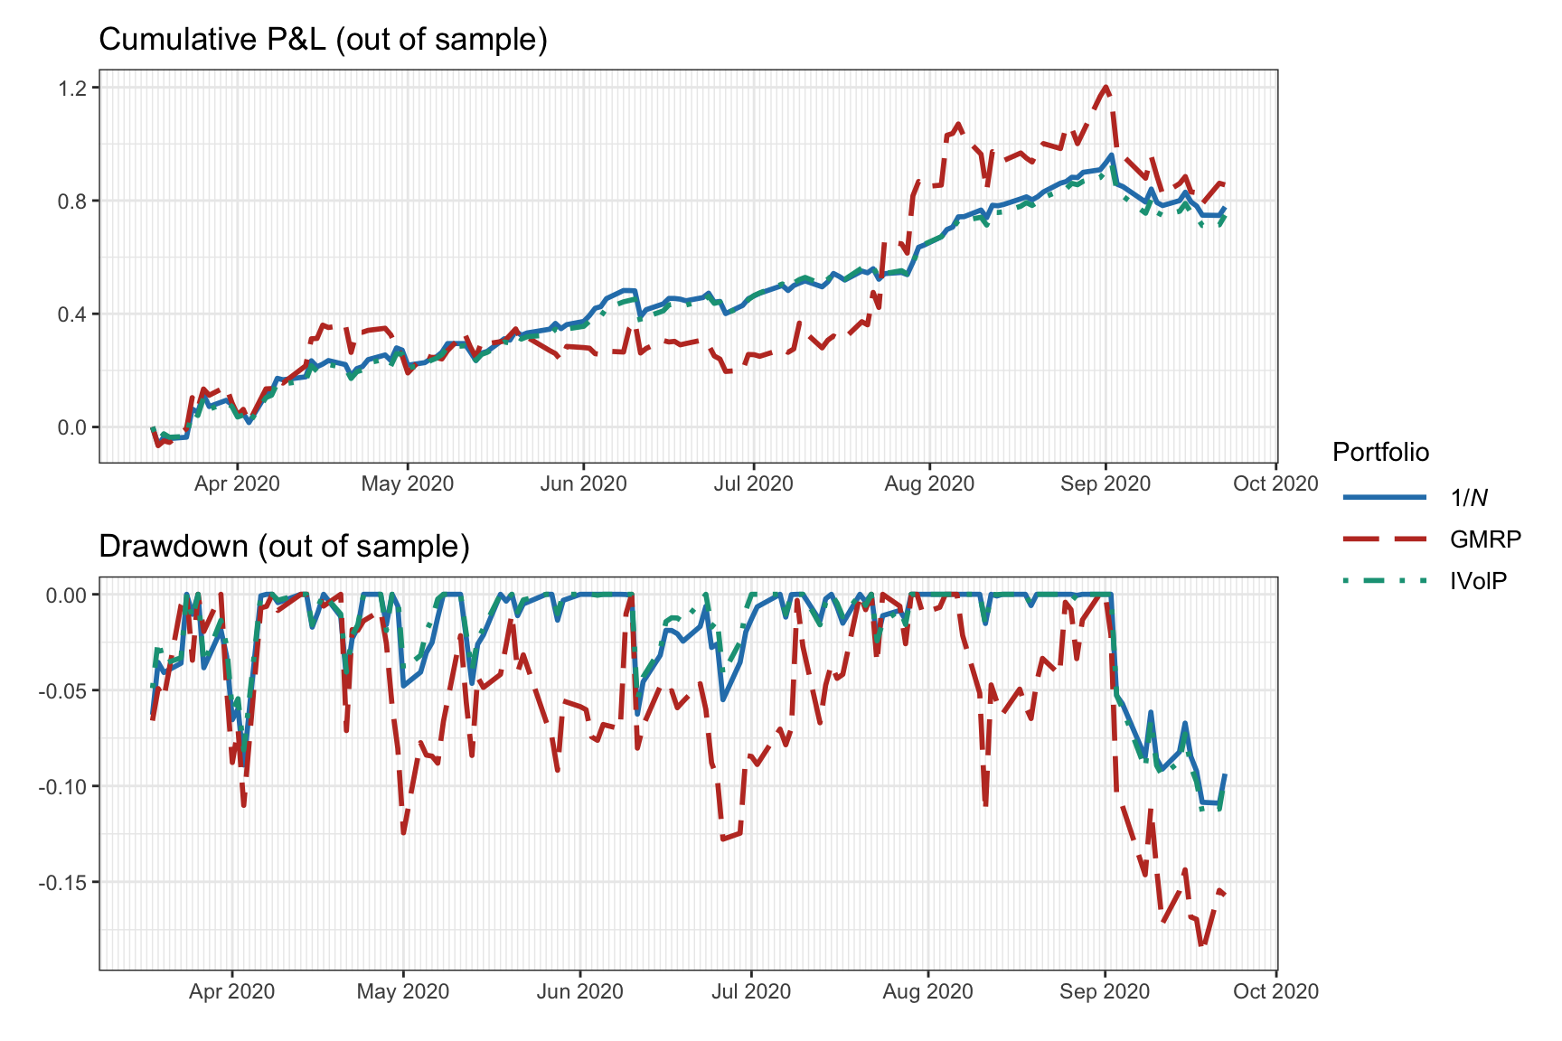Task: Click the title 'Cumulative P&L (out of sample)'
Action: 323,40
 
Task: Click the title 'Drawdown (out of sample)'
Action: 284,547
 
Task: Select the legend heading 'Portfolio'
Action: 1380,452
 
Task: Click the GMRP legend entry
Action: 1484,539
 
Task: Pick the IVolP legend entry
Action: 1478,581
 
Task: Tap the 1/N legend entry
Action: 1469,498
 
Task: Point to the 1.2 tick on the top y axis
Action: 73,88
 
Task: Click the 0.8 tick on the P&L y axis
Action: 73,201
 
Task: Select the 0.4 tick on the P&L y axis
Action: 73,314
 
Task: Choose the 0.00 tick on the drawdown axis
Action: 66,595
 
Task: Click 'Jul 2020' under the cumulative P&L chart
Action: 753,483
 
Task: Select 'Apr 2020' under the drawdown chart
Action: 231,991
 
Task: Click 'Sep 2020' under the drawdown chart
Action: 1105,991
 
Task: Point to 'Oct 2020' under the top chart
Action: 1275,483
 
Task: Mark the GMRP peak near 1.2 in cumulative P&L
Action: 1106,88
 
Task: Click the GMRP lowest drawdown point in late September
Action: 1201,945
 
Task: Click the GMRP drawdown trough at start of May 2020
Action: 403,832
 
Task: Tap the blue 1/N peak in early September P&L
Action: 1111,155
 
